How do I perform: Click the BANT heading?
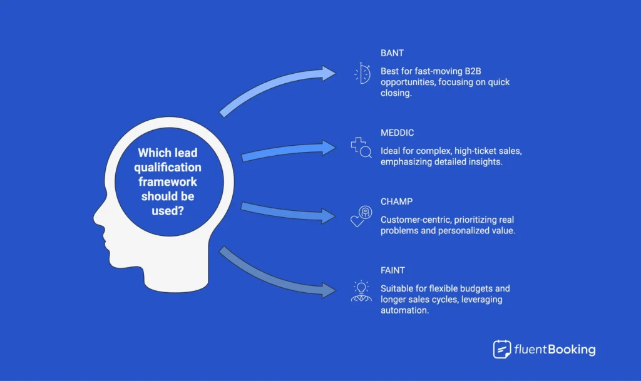pos(392,53)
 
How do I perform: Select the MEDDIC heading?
pos(397,133)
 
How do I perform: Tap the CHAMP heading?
pos(396,201)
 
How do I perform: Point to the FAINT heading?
pos(392,270)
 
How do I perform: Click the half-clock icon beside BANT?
pos(362,74)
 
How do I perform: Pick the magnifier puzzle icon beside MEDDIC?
pos(361,148)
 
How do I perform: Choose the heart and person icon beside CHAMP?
pos(361,216)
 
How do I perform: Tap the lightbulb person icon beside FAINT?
pos(361,291)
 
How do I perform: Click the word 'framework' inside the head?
pos(167,181)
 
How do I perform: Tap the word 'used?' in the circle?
pos(167,210)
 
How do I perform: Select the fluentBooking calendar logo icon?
pos(502,349)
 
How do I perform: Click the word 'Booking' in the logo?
pos(572,350)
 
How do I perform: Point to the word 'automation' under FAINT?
pos(404,310)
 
